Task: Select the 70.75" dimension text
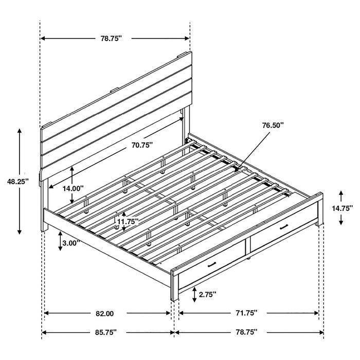pyautogui.click(x=142, y=145)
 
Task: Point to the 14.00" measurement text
pyautogui.click(x=73, y=188)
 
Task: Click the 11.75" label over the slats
pyautogui.click(x=127, y=222)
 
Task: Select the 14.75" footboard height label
pyautogui.click(x=342, y=208)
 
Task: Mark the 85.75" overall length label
pyautogui.click(x=105, y=333)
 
